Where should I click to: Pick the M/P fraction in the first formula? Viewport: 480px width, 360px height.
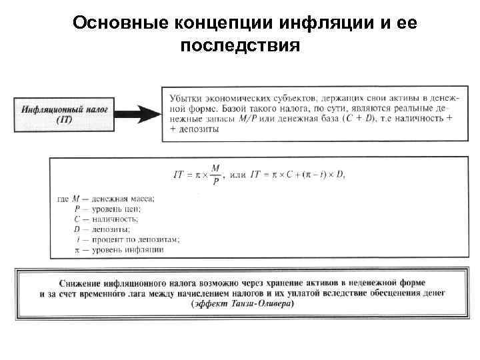(x=215, y=175)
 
